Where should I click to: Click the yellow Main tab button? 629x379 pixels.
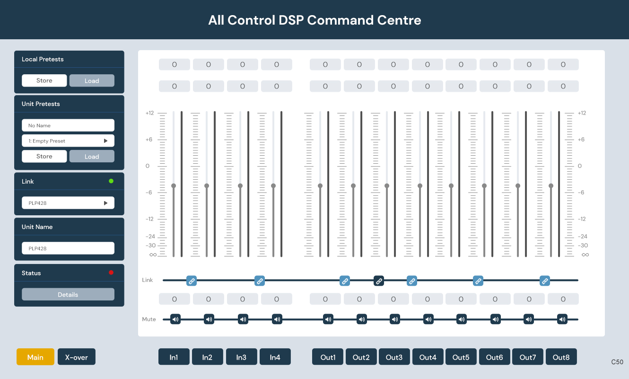[35, 357]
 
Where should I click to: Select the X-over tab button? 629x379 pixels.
[77, 357]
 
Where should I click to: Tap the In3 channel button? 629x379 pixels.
[241, 357]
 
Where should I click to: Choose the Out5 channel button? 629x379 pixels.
[461, 357]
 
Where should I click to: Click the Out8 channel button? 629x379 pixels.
[561, 357]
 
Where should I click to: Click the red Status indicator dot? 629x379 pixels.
[111, 273]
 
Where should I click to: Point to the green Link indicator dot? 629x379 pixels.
[111, 181]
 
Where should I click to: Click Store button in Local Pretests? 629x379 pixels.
[44, 80]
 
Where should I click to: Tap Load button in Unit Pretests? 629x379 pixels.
[92, 156]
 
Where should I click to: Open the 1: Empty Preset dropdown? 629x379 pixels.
[68, 141]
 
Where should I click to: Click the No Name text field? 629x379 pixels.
[68, 125]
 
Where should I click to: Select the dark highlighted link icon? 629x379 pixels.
[378, 281]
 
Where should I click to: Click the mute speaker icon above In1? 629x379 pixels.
[175, 319]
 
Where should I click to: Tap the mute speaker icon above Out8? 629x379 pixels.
[562, 319]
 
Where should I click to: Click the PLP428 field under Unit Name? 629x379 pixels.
[68, 248]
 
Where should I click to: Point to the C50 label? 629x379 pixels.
[617, 362]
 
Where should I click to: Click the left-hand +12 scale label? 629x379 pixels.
[149, 113]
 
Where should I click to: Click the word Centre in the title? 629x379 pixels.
[399, 20]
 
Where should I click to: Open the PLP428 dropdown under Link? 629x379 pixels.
[68, 203]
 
